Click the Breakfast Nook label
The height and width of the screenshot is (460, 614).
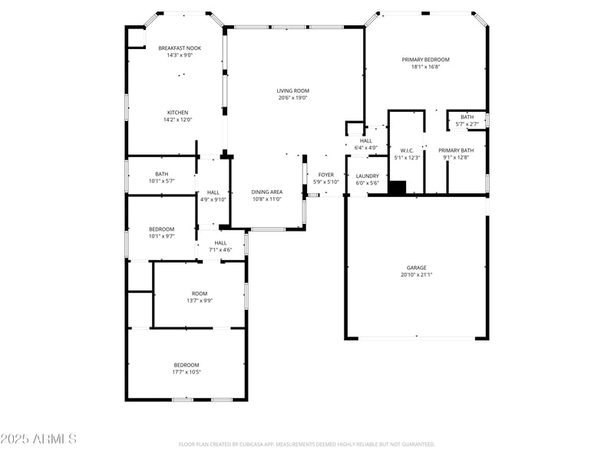[x=179, y=48]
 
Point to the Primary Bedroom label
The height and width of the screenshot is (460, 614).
[x=425, y=59]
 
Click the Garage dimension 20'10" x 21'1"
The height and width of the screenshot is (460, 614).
[x=417, y=274]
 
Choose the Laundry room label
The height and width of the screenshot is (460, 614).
[x=368, y=176]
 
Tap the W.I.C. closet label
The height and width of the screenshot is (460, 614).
[x=407, y=150]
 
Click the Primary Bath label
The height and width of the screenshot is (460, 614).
[x=456, y=150]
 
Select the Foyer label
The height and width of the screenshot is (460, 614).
[x=326, y=175]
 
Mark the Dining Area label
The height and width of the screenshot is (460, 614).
[x=267, y=192]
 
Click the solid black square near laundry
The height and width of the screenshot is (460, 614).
[x=398, y=188]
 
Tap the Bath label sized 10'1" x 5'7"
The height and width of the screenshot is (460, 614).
[x=161, y=173]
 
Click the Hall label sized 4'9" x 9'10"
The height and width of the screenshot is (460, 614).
[x=213, y=192]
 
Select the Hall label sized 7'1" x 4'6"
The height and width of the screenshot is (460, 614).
[x=220, y=243]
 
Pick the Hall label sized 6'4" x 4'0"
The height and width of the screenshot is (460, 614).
[x=366, y=140]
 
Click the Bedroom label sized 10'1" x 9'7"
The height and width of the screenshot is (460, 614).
[x=161, y=229]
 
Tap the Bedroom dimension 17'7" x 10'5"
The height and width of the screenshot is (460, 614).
[x=187, y=372]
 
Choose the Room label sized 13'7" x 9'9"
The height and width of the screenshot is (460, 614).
[x=200, y=294]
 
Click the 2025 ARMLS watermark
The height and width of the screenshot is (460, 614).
[x=38, y=439]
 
